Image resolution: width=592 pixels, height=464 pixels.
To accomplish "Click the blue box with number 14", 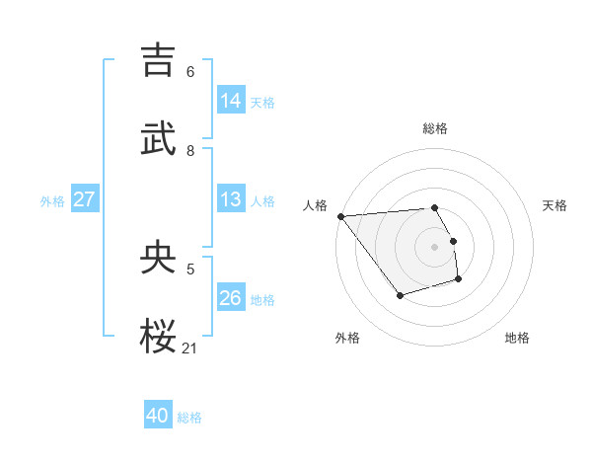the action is [x=231, y=100].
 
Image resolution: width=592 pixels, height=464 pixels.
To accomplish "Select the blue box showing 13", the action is [x=231, y=199].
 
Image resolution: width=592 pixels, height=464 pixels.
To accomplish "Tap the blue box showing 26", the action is [x=231, y=297].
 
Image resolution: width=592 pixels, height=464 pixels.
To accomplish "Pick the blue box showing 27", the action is [x=84, y=199].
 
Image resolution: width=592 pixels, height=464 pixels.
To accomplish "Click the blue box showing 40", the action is [x=158, y=416].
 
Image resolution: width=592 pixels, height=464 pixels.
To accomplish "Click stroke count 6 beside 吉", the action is [x=190, y=71].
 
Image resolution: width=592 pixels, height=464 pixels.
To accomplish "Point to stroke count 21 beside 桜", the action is [x=190, y=348].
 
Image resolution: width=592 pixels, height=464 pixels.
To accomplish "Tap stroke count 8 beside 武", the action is [x=190, y=150].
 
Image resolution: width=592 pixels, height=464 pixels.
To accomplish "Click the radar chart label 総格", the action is [x=435, y=128].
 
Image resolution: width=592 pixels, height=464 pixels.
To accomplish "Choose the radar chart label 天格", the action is [x=555, y=205].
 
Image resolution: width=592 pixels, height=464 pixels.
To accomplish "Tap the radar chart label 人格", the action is [x=315, y=205].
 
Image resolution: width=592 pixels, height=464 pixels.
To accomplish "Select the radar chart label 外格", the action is [x=347, y=338].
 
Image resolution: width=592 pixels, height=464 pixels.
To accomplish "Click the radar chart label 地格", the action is [x=517, y=338].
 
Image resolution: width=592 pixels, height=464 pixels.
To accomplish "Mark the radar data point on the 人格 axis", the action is [x=340, y=216].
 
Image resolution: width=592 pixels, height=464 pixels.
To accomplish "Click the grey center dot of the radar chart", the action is [x=434, y=246].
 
